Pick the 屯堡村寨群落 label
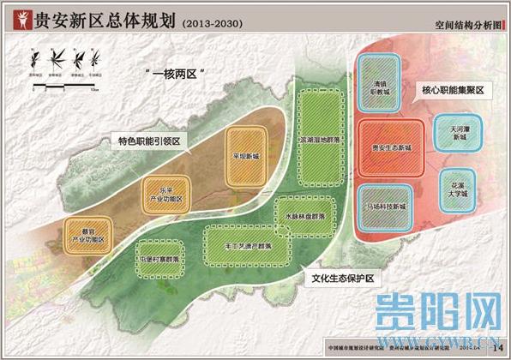pyautogui.click(x=159, y=257)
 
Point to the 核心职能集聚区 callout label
pyautogui.click(x=452, y=88)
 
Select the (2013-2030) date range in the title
pyautogui.click(x=215, y=21)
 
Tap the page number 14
pyautogui.click(x=496, y=345)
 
